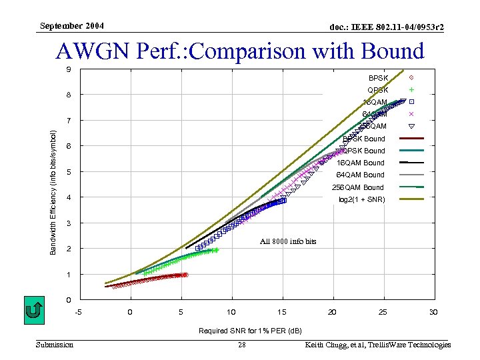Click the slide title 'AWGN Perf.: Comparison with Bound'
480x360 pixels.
[x=240, y=51]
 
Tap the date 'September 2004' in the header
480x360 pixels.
[x=71, y=26]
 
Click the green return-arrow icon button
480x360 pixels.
[x=34, y=310]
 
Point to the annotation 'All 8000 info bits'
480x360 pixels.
[x=287, y=241]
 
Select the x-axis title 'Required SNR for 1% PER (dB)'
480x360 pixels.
[x=250, y=331]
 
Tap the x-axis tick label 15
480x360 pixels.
[x=282, y=312]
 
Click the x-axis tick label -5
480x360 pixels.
[x=79, y=312]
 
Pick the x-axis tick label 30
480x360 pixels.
[x=433, y=312]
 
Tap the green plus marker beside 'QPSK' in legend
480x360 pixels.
[x=411, y=90]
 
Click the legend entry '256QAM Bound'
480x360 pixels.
[x=360, y=187]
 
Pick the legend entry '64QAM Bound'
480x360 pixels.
[x=360, y=175]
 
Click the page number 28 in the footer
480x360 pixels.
[x=242, y=345]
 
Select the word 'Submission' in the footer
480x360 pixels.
[x=55, y=345]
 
